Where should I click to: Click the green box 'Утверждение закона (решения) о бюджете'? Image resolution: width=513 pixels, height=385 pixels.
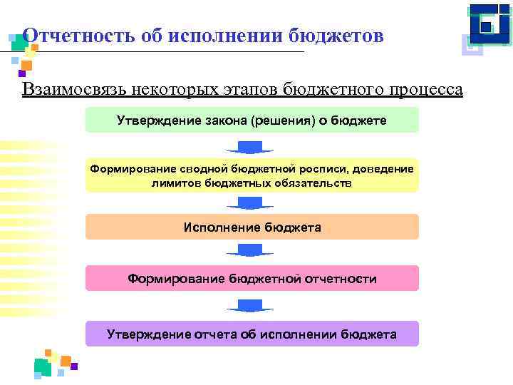point(252,120)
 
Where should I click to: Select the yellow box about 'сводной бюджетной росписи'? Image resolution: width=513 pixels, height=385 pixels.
point(252,175)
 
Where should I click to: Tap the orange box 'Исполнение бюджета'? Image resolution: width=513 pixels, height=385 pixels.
point(252,227)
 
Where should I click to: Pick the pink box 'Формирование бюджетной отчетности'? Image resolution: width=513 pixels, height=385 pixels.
point(252,278)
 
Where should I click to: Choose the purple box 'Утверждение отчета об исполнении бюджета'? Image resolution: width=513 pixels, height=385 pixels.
point(252,334)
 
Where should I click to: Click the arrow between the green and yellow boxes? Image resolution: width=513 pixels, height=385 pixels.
point(250,148)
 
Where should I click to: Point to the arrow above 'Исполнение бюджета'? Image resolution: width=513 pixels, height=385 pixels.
point(250,202)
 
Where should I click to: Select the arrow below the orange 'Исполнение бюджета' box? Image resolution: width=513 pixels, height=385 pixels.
point(250,250)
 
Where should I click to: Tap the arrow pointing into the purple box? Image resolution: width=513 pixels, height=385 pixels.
point(250,306)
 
